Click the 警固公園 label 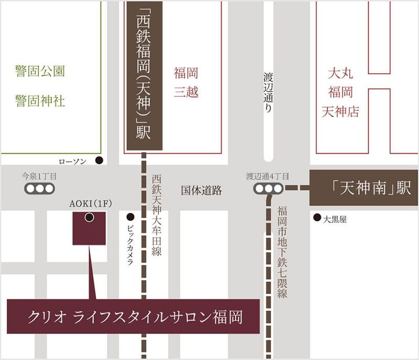[x=40, y=72]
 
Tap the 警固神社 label [x=40, y=100]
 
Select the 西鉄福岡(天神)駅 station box [x=144, y=76]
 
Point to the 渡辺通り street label [x=268, y=92]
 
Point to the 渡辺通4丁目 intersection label [x=267, y=176]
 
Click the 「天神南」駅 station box [x=364, y=188]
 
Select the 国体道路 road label [x=202, y=190]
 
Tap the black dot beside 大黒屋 [x=316, y=218]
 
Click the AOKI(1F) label [x=89, y=204]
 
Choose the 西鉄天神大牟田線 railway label [x=157, y=215]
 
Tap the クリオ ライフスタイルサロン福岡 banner [x=134, y=317]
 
